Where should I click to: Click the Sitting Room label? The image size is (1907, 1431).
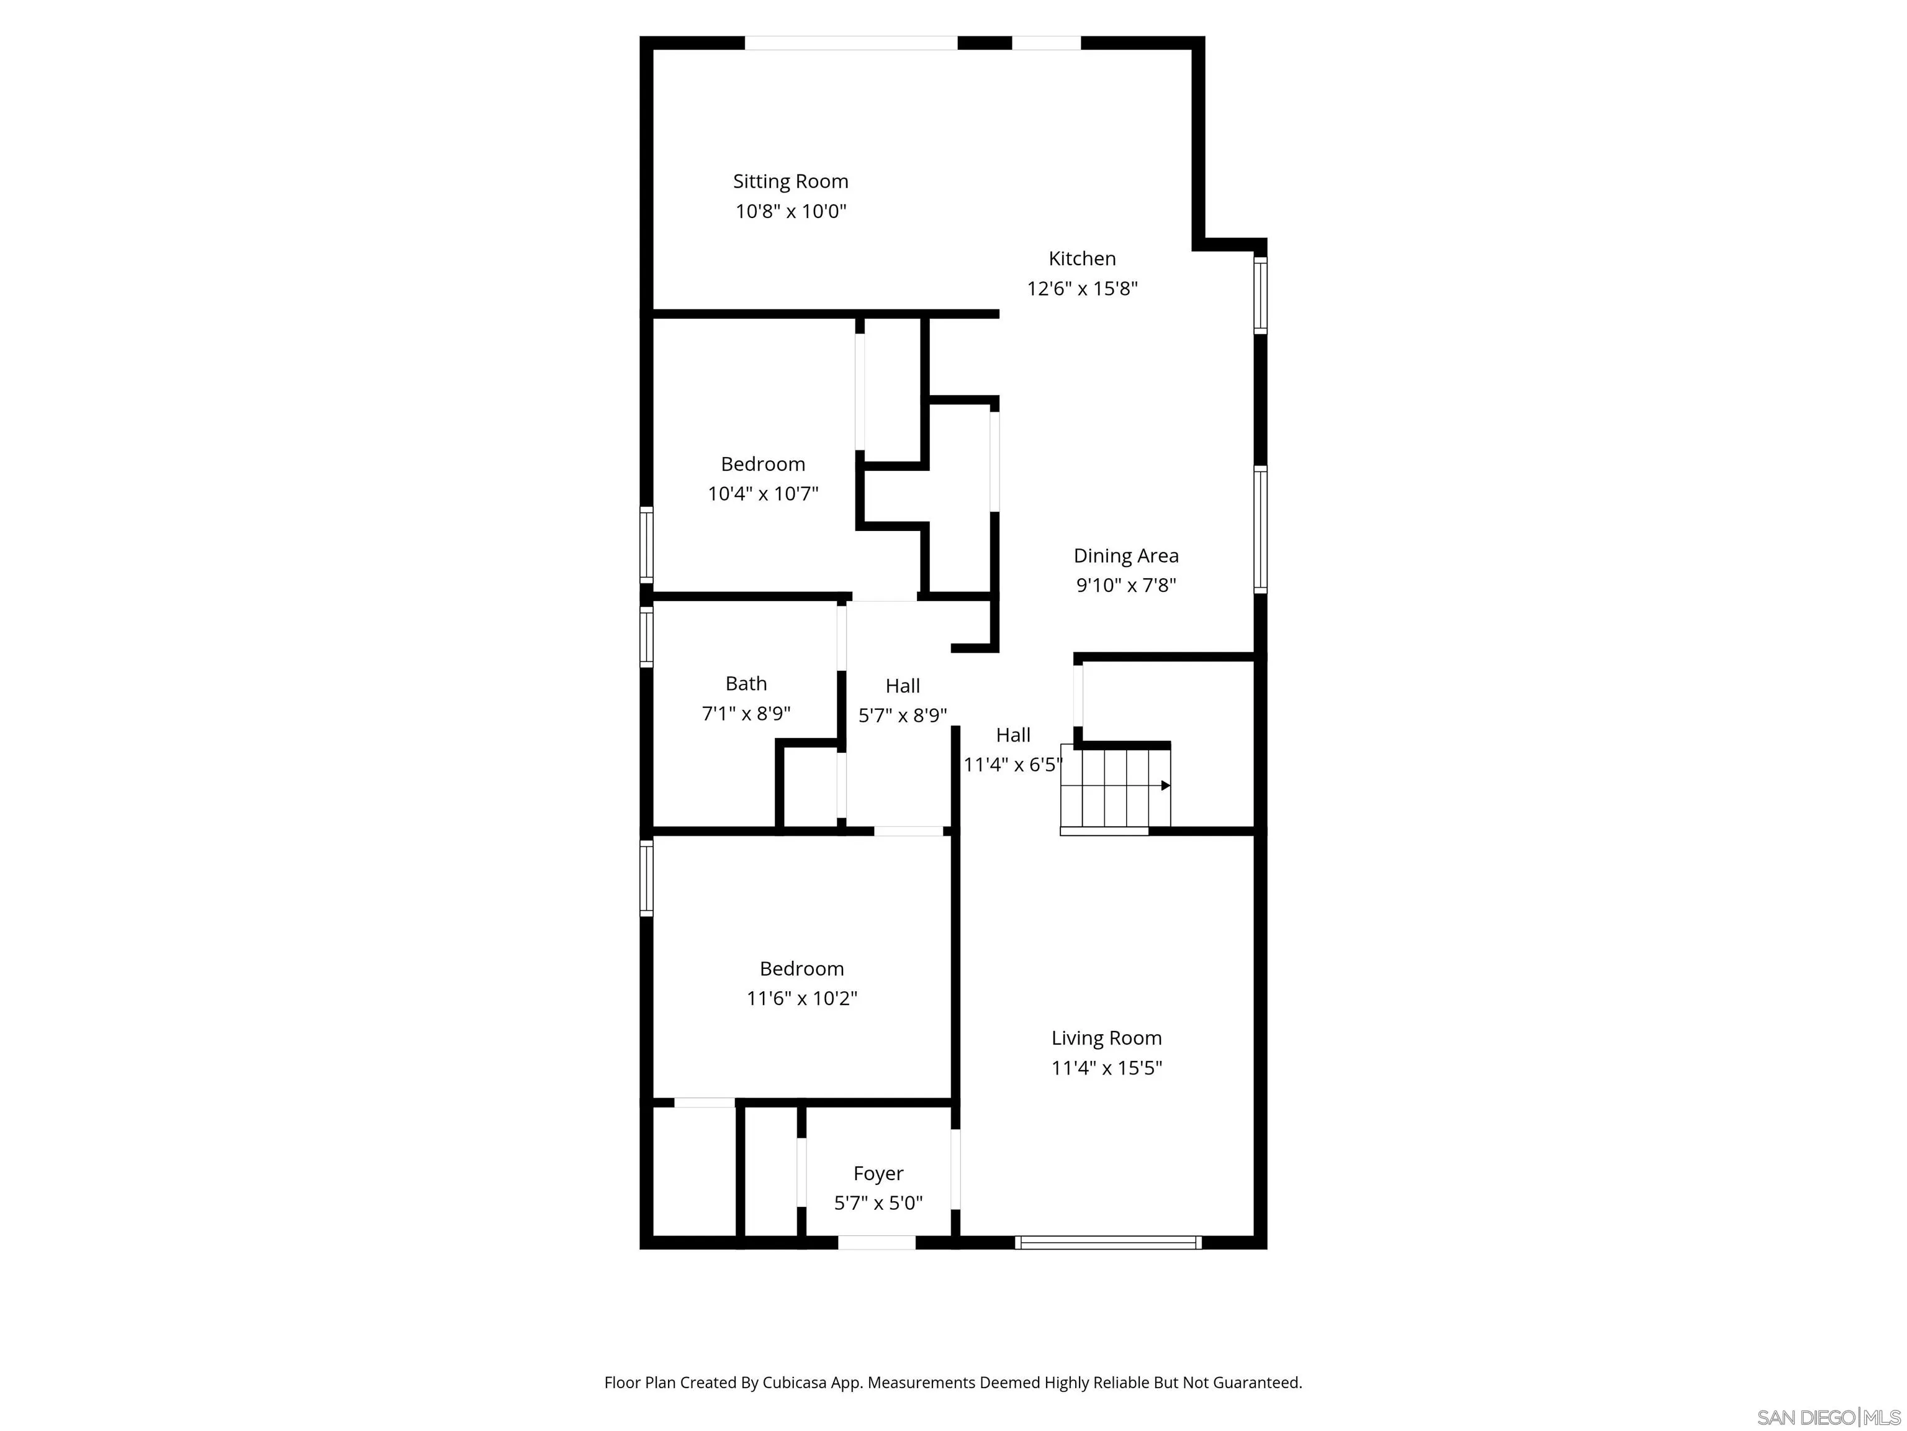(x=791, y=181)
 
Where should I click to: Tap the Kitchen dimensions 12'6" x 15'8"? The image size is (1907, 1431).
(x=1082, y=288)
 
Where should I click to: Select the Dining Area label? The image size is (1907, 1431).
(x=1126, y=555)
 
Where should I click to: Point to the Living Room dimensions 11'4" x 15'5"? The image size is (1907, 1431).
(x=1106, y=1068)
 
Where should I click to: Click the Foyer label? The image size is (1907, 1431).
(x=878, y=1173)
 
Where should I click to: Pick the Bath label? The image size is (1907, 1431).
(x=746, y=683)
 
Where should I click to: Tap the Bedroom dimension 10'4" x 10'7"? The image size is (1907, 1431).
(x=763, y=493)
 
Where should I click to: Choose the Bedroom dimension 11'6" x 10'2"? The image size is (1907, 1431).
(x=802, y=998)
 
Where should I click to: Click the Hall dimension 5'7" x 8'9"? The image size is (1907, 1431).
(x=903, y=715)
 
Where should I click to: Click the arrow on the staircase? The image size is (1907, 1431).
(x=1165, y=785)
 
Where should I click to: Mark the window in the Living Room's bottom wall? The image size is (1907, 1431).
(x=1108, y=1242)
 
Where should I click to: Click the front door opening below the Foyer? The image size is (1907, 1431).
(x=877, y=1242)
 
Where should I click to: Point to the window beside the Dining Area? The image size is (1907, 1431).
(x=1260, y=530)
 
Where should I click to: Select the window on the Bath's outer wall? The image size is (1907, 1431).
(x=646, y=637)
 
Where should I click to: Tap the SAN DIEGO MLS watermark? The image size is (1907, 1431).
(x=1828, y=1417)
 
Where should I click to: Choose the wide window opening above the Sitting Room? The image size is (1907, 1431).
(x=851, y=43)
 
